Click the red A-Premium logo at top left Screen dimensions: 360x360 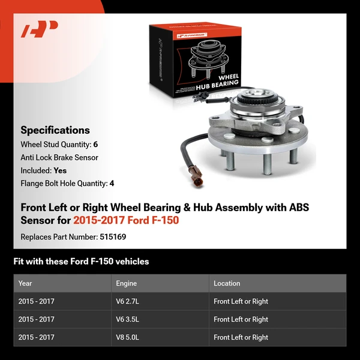[x=40, y=29]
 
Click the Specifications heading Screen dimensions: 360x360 [x=55, y=130]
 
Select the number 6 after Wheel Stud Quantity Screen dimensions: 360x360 [x=95, y=145]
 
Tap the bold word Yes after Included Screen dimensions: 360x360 [x=60, y=170]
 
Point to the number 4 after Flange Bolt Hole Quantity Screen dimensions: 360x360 [x=112, y=184]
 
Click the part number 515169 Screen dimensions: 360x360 [x=113, y=236]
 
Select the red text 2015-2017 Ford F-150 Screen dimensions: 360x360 [x=126, y=220]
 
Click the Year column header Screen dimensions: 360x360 [x=25, y=283]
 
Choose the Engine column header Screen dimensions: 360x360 [x=126, y=283]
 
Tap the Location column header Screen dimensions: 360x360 [x=227, y=283]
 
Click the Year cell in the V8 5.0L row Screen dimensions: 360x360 [x=36, y=337]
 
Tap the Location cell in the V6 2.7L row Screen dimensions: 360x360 [x=241, y=301]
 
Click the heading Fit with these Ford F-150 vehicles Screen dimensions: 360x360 [x=81, y=262]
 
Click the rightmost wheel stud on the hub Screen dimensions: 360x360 [x=293, y=157]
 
